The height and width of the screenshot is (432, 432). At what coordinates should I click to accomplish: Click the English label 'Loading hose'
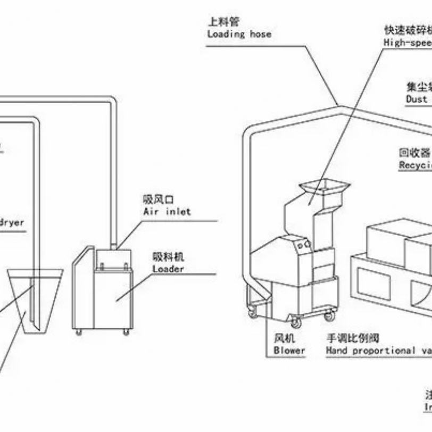pos(239,34)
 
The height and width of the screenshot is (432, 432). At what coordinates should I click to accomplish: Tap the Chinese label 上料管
pos(223,22)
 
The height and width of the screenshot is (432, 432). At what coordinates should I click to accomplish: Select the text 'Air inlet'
pos(167,211)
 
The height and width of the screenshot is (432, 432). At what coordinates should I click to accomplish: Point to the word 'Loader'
pos(168,269)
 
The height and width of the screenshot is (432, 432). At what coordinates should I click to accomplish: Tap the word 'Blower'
pos(289,350)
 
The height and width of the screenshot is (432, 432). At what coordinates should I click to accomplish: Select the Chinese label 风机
pos(283,338)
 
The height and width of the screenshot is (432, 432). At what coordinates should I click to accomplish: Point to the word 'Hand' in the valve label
pos(336,350)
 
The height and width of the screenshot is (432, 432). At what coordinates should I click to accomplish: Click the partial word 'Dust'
pos(417,99)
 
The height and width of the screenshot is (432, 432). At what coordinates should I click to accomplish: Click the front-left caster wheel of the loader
pos(79,332)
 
